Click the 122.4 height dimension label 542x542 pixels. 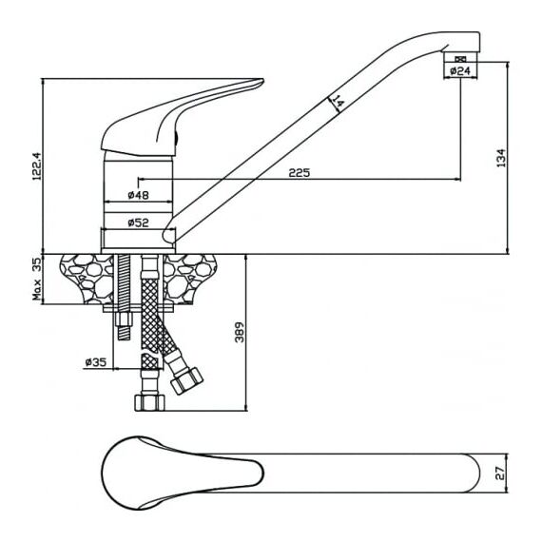tap(37, 166)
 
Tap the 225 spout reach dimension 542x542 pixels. tap(300, 172)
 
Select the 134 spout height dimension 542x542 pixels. tap(501, 158)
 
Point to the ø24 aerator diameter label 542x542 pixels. tap(460, 71)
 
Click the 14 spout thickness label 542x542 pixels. tap(339, 101)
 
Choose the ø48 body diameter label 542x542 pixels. tap(138, 195)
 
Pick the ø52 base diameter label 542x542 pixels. tap(138, 223)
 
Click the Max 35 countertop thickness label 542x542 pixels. tap(37, 279)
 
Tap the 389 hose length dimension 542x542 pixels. tap(240, 332)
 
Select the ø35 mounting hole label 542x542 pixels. tap(96, 362)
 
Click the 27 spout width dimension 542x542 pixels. tap(500, 474)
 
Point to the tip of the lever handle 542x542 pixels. tap(262, 81)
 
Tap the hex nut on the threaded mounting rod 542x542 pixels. tap(124, 319)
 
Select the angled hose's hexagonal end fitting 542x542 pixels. tap(186, 381)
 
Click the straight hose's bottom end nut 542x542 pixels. tap(149, 402)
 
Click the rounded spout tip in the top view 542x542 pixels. tap(474, 474)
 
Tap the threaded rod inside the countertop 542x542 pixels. tap(124, 280)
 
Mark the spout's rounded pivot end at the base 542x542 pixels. tap(169, 232)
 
